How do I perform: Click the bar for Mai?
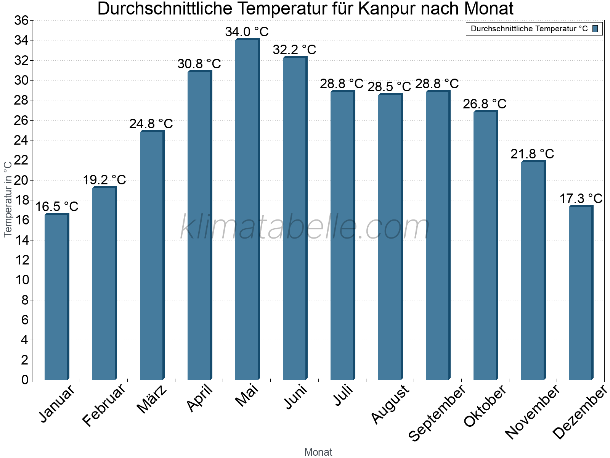[x=247, y=210]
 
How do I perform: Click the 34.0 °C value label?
[x=247, y=32]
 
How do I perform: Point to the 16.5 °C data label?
[x=57, y=206]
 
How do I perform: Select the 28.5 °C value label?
[x=389, y=87]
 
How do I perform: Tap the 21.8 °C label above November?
[x=532, y=154]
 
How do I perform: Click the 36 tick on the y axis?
[x=21, y=20]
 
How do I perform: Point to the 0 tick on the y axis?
[x=25, y=380]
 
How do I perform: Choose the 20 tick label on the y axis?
[x=21, y=180]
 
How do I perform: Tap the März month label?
[x=152, y=399]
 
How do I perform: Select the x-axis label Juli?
[x=343, y=395]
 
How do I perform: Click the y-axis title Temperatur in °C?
[x=8, y=199]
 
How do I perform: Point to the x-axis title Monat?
[x=318, y=452]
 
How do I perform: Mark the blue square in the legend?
[x=595, y=29]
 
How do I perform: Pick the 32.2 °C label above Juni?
[x=294, y=50]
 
